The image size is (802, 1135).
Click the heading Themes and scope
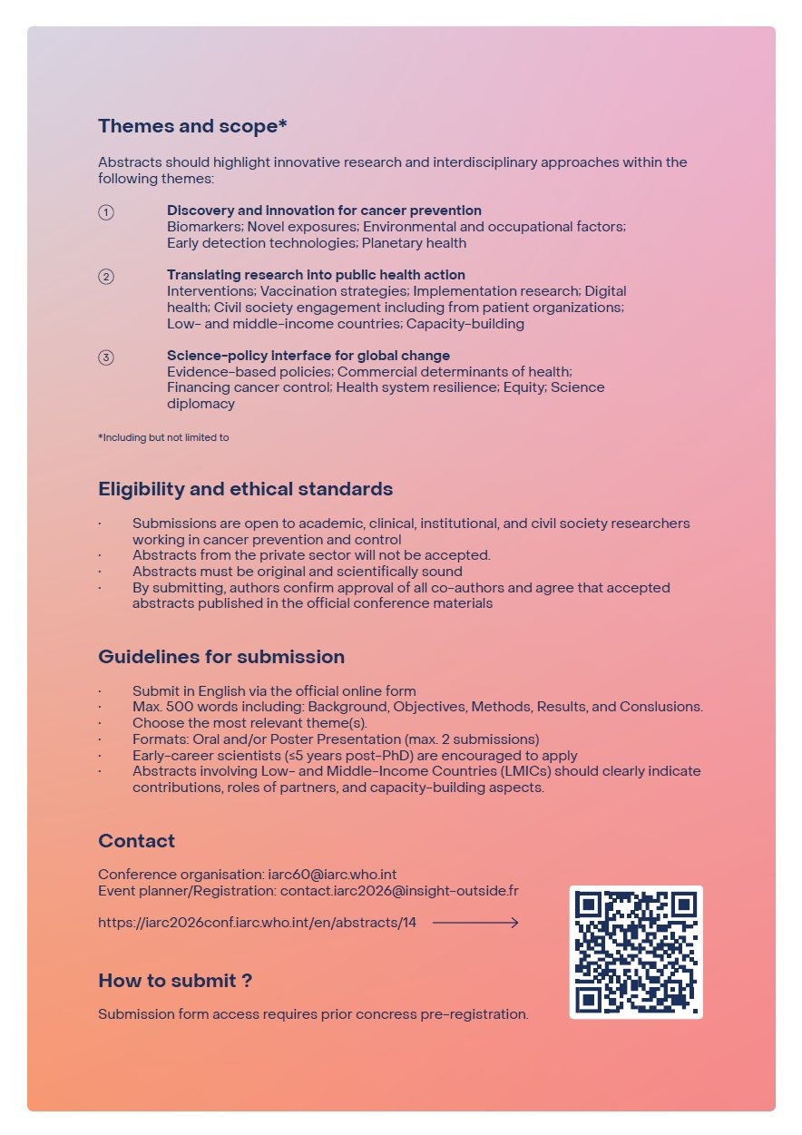coord(192,126)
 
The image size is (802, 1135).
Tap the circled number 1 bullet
coord(106,212)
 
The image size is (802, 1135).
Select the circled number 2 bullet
coord(106,277)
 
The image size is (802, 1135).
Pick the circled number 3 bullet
coord(106,357)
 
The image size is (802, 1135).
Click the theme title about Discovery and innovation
coord(324,210)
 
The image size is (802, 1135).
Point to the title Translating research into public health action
coord(316,275)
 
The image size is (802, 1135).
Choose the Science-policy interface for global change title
coord(308,356)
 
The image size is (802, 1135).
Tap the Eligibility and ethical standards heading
coord(245,489)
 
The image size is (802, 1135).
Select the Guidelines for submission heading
coord(221,657)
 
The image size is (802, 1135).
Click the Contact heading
coord(136,841)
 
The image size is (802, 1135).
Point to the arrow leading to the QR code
coord(475,923)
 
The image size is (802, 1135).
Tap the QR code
coord(636,952)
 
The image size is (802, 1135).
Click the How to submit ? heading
coord(175,981)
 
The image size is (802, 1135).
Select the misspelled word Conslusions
coord(661,707)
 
